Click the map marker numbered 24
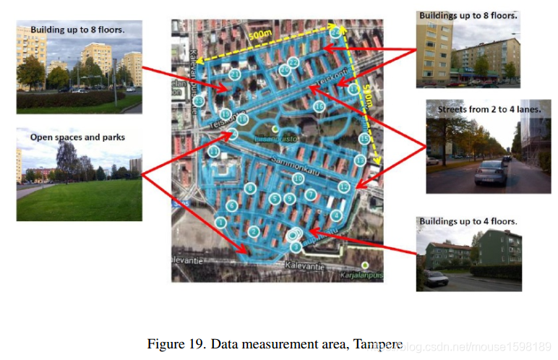pyautogui.click(x=335, y=33)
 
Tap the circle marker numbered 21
pyautogui.click(x=234, y=74)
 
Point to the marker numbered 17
pyautogui.click(x=352, y=89)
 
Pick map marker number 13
pyautogui.click(x=360, y=159)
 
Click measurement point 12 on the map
pyautogui.click(x=344, y=187)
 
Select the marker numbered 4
pyautogui.click(x=335, y=215)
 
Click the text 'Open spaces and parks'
pyautogui.click(x=77, y=137)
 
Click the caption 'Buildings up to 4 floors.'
pyautogui.click(x=468, y=221)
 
